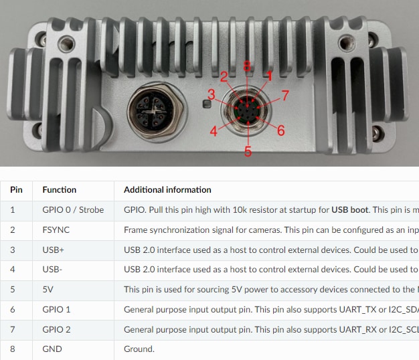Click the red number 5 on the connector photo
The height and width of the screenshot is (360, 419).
(248, 152)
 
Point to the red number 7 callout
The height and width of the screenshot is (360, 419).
(284, 96)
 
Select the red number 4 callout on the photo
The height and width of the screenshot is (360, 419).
(214, 131)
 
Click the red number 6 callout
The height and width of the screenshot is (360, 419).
(280, 130)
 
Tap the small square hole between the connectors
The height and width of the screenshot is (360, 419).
(207, 103)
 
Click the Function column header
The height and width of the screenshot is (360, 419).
(60, 190)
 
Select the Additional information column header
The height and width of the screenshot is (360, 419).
(167, 190)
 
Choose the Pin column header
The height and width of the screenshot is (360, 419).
(16, 190)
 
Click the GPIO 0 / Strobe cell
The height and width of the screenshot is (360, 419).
(73, 210)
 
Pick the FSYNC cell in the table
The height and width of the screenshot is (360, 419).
(56, 230)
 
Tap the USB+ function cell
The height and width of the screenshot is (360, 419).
(54, 250)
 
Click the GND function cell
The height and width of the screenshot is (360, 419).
(52, 349)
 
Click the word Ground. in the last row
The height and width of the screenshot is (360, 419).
(139, 349)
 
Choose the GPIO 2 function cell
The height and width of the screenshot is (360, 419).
(56, 329)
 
